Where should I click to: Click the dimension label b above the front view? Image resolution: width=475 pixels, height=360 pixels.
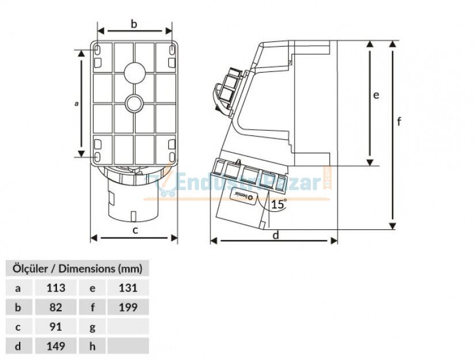pos(134,24)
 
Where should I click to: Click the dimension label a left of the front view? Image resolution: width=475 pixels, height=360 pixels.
pos(77,104)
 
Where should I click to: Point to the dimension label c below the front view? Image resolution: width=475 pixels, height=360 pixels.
pos(135,230)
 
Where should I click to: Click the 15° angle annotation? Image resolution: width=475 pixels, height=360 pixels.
pos(279,204)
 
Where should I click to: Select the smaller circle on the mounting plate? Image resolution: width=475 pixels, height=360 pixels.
pos(135,104)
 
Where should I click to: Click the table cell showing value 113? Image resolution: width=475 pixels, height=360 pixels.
pos(55,288)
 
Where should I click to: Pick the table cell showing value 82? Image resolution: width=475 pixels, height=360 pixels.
pos(55,307)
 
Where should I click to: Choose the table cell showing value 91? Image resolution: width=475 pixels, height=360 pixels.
pos(55,327)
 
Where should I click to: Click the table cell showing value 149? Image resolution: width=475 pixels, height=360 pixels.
pos(55,346)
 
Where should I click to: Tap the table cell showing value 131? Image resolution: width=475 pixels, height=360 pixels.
pos(128,288)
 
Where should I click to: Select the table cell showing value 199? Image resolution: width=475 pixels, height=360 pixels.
pos(128,307)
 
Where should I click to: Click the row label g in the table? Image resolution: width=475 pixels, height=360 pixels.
pos(93,327)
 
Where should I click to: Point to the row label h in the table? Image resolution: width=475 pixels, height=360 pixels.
pos(93,346)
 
